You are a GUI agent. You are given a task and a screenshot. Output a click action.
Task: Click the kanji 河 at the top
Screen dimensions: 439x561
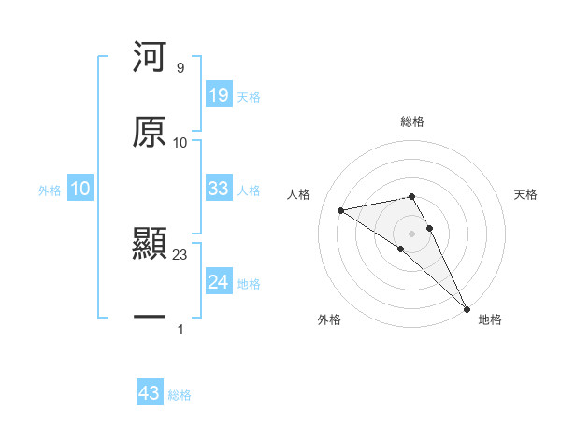click(150, 58)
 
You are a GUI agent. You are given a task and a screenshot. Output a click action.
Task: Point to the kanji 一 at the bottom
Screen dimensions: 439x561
click(150, 319)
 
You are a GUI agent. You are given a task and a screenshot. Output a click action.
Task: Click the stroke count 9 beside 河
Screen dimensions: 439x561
click(180, 68)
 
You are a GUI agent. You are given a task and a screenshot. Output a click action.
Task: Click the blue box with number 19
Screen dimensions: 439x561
click(219, 95)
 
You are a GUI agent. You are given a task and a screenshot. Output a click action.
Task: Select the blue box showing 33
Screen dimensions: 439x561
click(219, 189)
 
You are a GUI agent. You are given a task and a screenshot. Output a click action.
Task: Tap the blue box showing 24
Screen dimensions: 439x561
click(219, 282)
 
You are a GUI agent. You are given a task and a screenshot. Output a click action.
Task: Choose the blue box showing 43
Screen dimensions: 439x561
click(150, 393)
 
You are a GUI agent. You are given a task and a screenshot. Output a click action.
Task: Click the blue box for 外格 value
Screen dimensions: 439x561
click(80, 189)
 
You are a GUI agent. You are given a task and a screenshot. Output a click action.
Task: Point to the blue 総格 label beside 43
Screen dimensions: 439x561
click(180, 395)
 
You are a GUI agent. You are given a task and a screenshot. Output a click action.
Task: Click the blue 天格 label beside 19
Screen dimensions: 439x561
click(249, 97)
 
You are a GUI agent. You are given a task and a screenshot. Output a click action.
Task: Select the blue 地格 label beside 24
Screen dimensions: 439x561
click(249, 284)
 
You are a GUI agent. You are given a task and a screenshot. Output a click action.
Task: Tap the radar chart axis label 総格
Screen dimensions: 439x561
click(412, 121)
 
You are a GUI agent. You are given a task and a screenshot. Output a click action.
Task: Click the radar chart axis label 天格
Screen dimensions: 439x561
click(526, 194)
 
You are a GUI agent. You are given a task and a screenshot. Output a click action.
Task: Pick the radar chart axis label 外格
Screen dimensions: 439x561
click(329, 320)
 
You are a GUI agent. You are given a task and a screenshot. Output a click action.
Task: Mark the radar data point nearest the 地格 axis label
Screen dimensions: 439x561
click(467, 308)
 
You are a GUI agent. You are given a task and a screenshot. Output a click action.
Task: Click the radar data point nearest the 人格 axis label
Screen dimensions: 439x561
click(341, 210)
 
